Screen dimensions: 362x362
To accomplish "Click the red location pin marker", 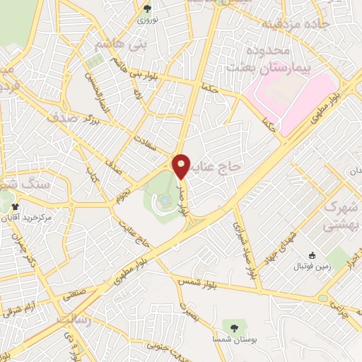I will click(182, 166).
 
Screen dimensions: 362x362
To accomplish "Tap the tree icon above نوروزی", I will click(147, 8).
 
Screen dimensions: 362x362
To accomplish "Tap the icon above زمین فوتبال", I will click(313, 255).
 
